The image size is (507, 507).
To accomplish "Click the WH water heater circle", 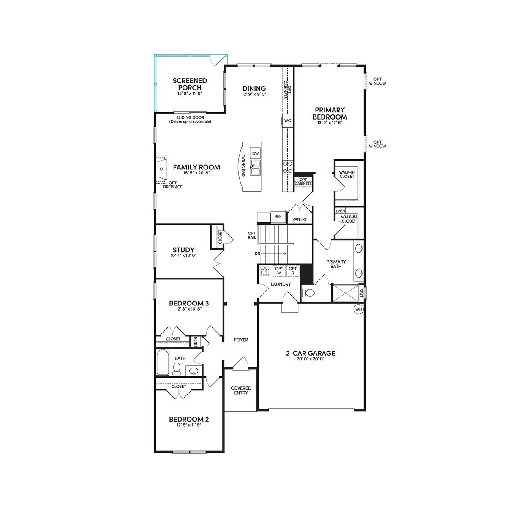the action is [359, 309].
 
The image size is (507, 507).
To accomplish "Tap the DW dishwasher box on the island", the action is [255, 153].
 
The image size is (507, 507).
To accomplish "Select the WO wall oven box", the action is [288, 120].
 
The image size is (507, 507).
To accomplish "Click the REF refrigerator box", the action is [278, 217].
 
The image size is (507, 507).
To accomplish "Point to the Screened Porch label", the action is [190, 84].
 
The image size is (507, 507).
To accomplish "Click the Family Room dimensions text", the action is [196, 173].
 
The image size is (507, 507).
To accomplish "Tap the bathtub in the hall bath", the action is [163, 362].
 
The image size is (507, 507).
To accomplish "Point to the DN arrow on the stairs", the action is [274, 253].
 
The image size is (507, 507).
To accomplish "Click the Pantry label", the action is [300, 219].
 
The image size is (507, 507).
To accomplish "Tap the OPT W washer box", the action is [279, 271].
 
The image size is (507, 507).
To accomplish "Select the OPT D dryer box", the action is [292, 271].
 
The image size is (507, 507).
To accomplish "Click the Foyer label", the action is [241, 340].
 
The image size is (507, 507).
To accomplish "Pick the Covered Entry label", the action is [241, 390].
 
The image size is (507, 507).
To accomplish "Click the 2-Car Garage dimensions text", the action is [311, 359].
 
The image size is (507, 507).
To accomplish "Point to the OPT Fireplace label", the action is [173, 185].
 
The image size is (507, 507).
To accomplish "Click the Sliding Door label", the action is [190, 117].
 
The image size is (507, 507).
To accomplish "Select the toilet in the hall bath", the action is [177, 368].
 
